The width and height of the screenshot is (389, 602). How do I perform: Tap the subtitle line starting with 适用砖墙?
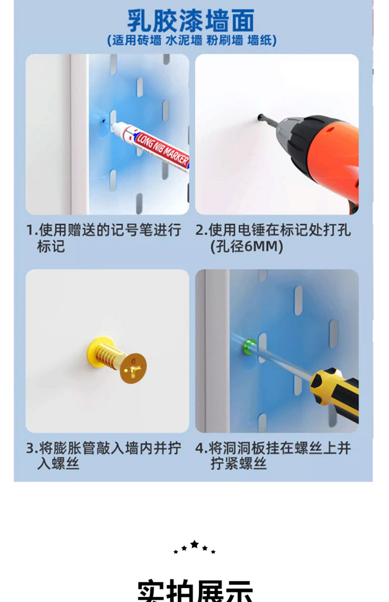192,40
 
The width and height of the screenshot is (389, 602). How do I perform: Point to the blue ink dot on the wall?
104,121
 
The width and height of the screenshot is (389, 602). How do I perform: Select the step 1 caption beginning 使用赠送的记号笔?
104,238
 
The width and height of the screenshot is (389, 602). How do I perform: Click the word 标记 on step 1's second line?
51,246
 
